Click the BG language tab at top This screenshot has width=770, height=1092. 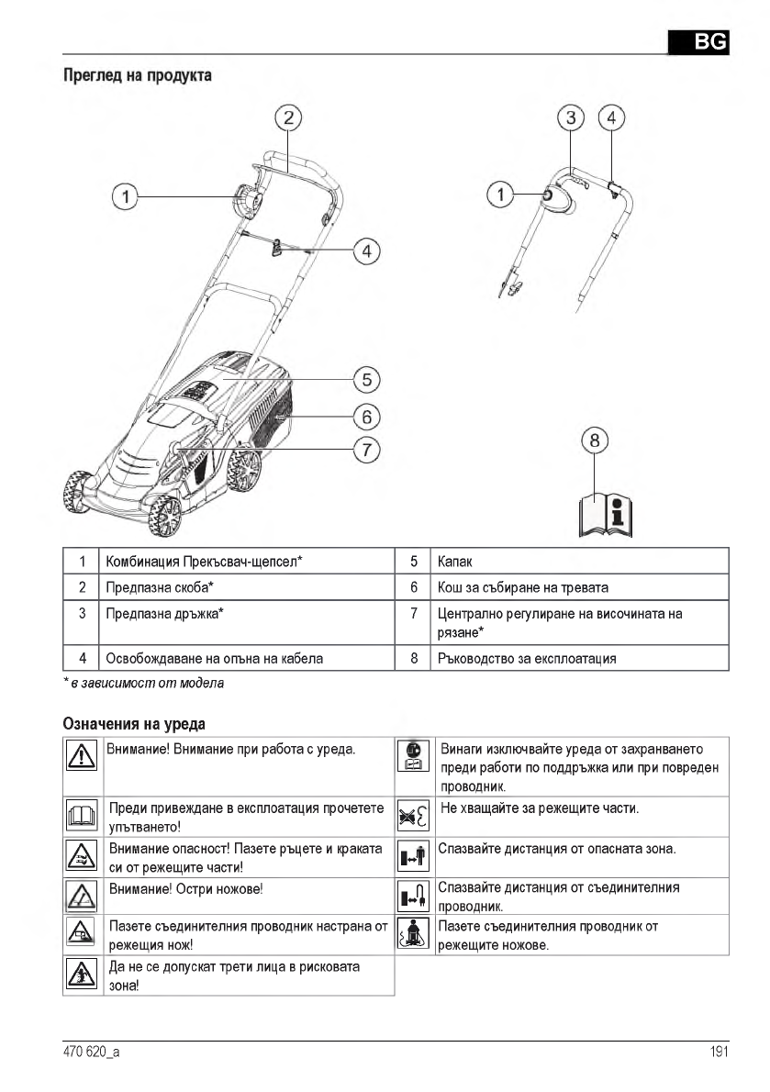[x=697, y=41]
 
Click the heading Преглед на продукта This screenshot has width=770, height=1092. [x=137, y=75]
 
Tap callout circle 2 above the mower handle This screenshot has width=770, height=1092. [x=288, y=117]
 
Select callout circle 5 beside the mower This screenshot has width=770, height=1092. [x=366, y=378]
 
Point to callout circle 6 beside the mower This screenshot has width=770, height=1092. [x=366, y=416]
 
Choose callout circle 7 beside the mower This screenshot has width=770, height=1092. [x=366, y=450]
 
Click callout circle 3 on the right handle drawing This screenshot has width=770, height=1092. [x=571, y=117]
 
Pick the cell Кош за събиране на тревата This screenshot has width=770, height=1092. [x=523, y=586]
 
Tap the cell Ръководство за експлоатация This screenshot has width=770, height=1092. [x=527, y=658]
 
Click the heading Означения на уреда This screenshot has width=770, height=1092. [x=133, y=725]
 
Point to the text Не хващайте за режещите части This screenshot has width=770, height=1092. [x=539, y=808]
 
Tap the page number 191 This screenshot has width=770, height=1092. [x=719, y=1053]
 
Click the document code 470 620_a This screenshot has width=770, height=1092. [x=91, y=1053]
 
